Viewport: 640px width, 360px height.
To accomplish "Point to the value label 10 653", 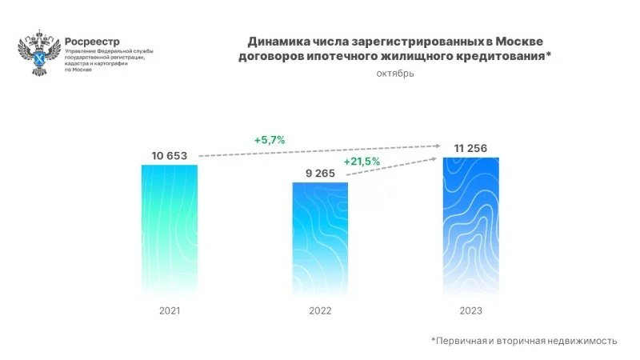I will click(x=168, y=155).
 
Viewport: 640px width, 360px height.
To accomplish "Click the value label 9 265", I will click(x=319, y=172).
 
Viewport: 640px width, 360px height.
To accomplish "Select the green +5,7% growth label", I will click(x=270, y=140).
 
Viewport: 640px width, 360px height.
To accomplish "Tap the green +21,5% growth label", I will click(x=362, y=162).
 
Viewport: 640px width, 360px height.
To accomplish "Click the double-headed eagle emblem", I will click(x=38, y=53).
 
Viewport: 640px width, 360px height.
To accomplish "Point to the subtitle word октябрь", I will click(x=395, y=74).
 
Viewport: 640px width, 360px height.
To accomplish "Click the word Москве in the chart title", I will click(x=524, y=40).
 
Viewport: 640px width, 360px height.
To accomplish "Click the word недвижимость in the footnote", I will click(x=582, y=341).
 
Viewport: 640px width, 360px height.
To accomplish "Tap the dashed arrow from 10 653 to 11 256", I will click(x=320, y=150).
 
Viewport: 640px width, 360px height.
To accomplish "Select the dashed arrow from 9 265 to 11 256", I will click(x=392, y=171).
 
